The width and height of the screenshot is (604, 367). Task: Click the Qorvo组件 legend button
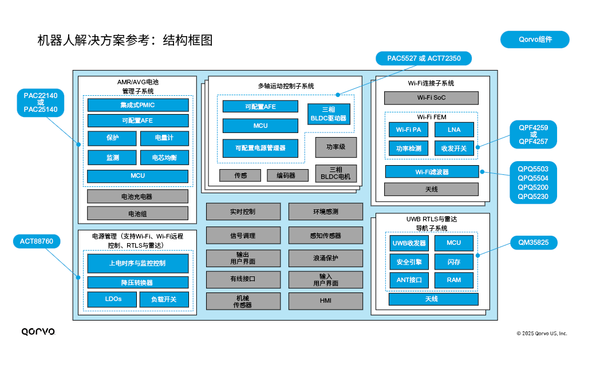(x=535, y=40)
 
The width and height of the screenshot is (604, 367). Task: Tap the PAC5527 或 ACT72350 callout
(x=423, y=58)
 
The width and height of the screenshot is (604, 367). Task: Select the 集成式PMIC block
(x=137, y=105)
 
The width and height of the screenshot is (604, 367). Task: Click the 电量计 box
(x=164, y=138)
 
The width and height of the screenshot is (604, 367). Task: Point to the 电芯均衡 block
(x=164, y=157)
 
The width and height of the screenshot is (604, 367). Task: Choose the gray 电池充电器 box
(x=137, y=196)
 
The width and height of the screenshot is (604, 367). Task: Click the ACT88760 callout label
(x=37, y=241)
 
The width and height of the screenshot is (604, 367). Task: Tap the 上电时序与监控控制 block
(x=137, y=263)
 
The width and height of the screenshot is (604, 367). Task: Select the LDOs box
(x=112, y=299)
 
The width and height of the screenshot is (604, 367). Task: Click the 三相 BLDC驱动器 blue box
(x=328, y=114)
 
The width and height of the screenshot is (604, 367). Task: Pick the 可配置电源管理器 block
(x=260, y=148)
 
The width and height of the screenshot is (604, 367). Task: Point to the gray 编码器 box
(x=287, y=175)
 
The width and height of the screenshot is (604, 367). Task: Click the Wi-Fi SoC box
(x=431, y=97)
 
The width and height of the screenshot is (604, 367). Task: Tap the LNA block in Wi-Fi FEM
(x=453, y=130)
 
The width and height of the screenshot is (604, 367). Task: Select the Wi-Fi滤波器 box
(x=431, y=171)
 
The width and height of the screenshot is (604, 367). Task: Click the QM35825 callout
(x=534, y=243)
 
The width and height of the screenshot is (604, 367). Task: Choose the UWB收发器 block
(x=409, y=243)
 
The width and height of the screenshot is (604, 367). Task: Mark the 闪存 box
(x=453, y=262)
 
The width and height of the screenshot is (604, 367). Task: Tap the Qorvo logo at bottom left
(x=38, y=331)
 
